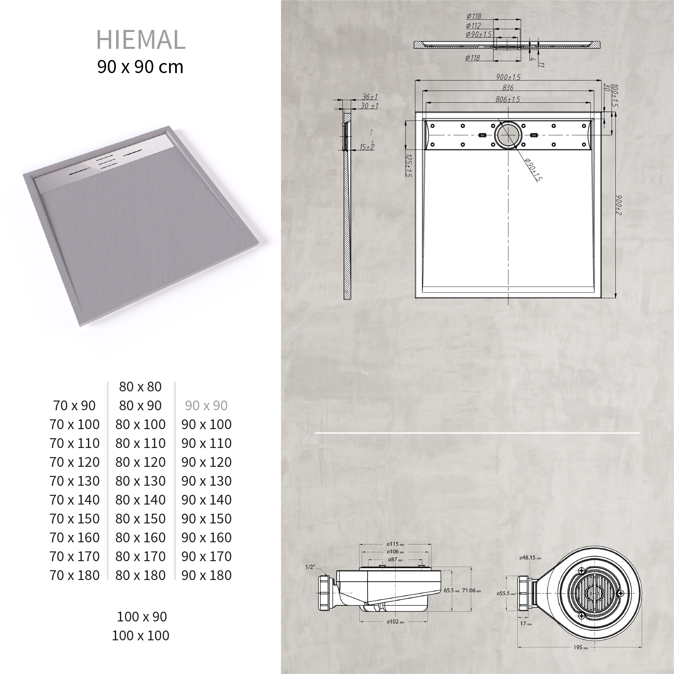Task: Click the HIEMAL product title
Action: pyautogui.click(x=140, y=40)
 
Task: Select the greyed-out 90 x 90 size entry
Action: pyautogui.click(x=206, y=406)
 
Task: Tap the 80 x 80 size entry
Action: pyautogui.click(x=140, y=387)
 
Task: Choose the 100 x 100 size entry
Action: pyautogui.click(x=140, y=636)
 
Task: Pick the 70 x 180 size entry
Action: pyautogui.click(x=74, y=575)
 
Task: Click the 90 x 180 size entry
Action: pyautogui.click(x=206, y=575)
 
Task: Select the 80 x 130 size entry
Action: pyautogui.click(x=140, y=481)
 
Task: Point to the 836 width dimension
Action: pyautogui.click(x=508, y=88)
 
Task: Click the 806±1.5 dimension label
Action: pyautogui.click(x=508, y=99)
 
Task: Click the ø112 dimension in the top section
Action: pyautogui.click(x=473, y=26)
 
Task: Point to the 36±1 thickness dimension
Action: pyautogui.click(x=370, y=97)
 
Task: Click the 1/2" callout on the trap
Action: pyautogui.click(x=310, y=567)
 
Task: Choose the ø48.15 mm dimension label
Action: pyautogui.click(x=530, y=558)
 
